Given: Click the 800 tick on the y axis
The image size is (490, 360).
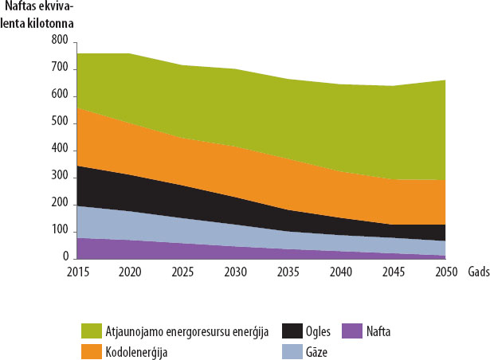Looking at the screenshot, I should (59, 39).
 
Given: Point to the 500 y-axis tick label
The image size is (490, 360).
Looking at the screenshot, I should (59, 121).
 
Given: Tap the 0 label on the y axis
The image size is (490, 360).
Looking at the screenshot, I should (65, 257).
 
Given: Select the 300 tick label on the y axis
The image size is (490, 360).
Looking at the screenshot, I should (59, 176).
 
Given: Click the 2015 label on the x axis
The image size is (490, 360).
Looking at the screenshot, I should (77, 272).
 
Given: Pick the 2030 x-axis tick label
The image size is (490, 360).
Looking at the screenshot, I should (236, 272).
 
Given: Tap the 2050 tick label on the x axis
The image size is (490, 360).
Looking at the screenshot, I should (446, 272).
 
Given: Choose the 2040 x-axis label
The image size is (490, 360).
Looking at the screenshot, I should (341, 272).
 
